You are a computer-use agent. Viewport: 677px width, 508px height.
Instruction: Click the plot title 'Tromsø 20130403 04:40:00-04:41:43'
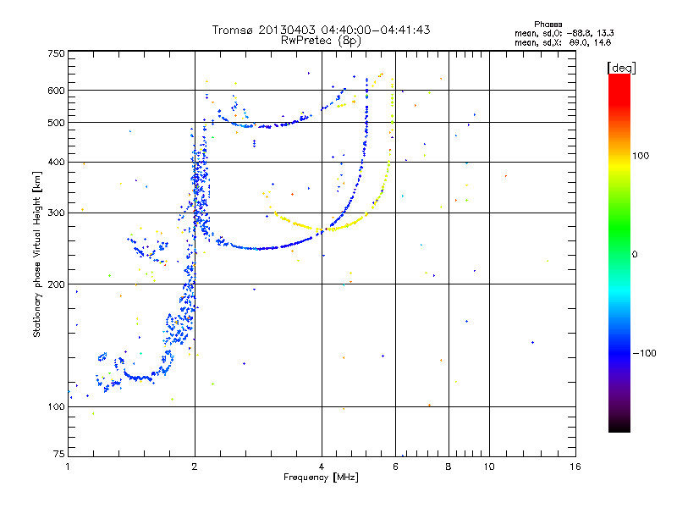pyautogui.click(x=322, y=30)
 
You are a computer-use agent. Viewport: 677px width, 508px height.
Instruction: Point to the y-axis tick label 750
pyautogui.click(x=56, y=53)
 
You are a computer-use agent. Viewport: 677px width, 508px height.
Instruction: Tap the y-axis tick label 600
pyautogui.click(x=56, y=91)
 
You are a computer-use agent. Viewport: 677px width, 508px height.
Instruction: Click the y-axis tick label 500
pyautogui.click(x=56, y=123)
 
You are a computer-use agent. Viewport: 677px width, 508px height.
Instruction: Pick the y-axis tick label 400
pyautogui.click(x=56, y=163)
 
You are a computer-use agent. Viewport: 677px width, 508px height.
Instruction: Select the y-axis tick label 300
pyautogui.click(x=56, y=213)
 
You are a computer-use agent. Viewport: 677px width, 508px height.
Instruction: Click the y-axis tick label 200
pyautogui.click(x=56, y=284)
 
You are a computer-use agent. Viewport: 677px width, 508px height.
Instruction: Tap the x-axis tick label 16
pyautogui.click(x=575, y=467)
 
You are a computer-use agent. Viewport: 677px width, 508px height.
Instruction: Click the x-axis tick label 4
pyautogui.click(x=322, y=467)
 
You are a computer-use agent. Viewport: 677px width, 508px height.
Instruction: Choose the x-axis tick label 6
pyautogui.click(x=395, y=467)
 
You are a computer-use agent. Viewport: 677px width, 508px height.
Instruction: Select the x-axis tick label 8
pyautogui.click(x=449, y=467)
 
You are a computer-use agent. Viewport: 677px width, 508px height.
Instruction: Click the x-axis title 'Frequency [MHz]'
pyautogui.click(x=322, y=478)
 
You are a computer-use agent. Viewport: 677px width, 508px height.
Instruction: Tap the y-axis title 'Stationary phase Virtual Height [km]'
pyautogui.click(x=37, y=254)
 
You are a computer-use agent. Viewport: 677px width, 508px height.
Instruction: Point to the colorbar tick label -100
pyautogui.click(x=647, y=353)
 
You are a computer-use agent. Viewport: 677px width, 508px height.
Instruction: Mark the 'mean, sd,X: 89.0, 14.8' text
pyautogui.click(x=563, y=41)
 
